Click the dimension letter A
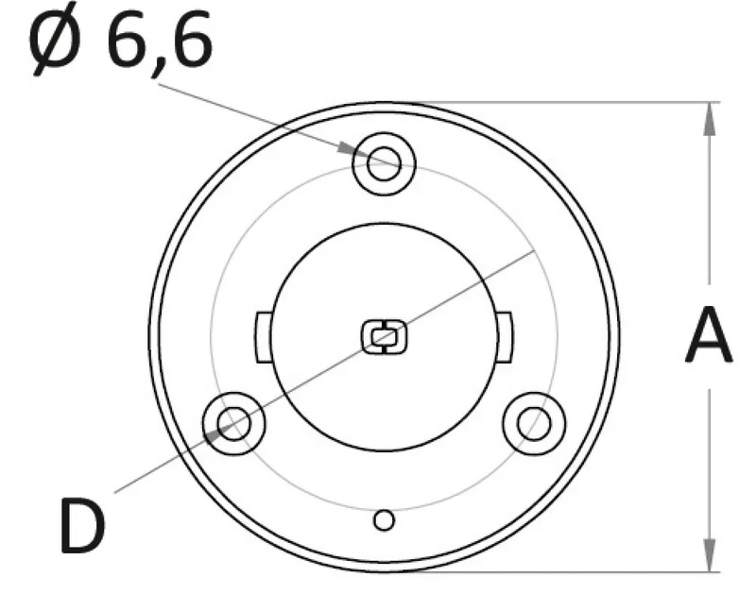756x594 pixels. coord(709,335)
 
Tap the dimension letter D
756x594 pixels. coord(82,525)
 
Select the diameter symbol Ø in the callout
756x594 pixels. coord(54,39)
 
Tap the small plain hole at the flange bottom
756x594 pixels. coord(384,520)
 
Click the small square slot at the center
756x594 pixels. coord(384,336)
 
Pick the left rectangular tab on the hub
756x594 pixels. coord(263,337)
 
